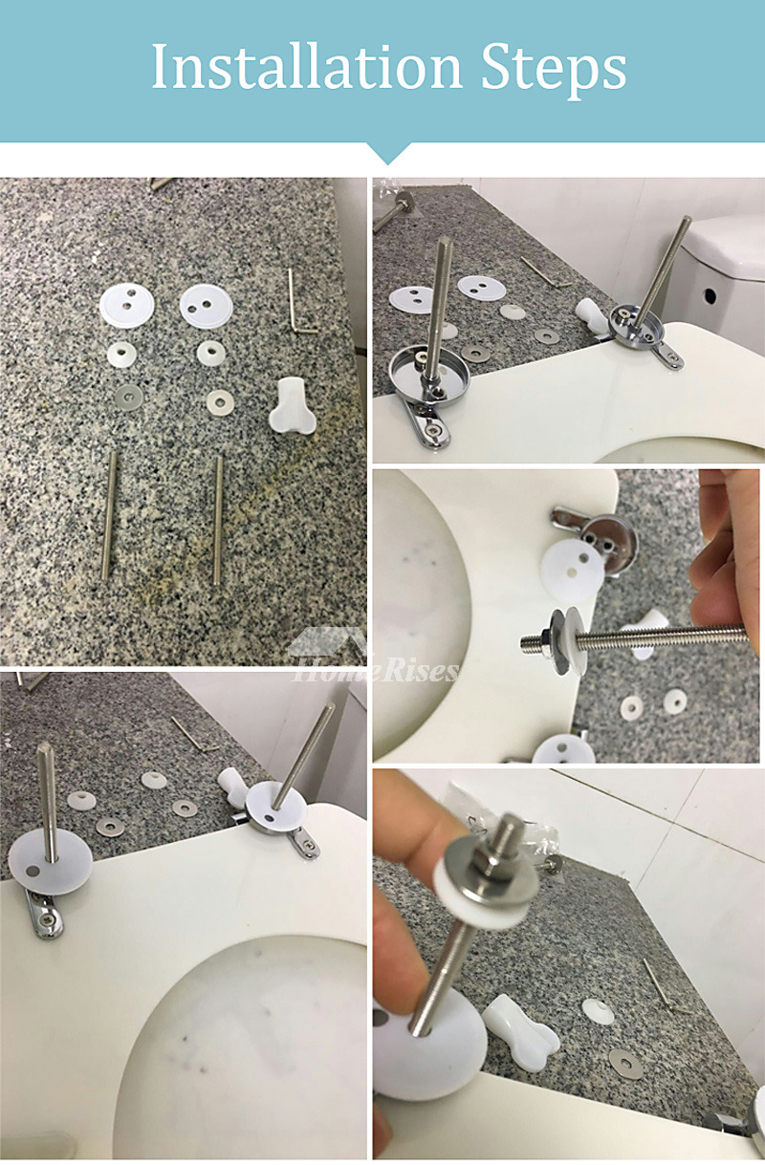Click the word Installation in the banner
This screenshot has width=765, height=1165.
pos(307,67)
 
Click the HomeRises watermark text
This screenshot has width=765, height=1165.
pos(376,670)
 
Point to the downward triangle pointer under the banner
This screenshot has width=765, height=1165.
pos(387,154)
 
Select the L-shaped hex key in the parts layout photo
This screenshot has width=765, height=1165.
pos(300,302)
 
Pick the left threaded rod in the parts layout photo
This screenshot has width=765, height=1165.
pos(109,515)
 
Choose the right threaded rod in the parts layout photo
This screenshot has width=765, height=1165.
pos(217,520)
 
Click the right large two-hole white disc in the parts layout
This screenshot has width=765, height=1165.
pos(207,306)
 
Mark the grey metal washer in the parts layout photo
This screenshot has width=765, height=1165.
pos(128,398)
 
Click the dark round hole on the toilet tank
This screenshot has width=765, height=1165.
pos(710,295)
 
